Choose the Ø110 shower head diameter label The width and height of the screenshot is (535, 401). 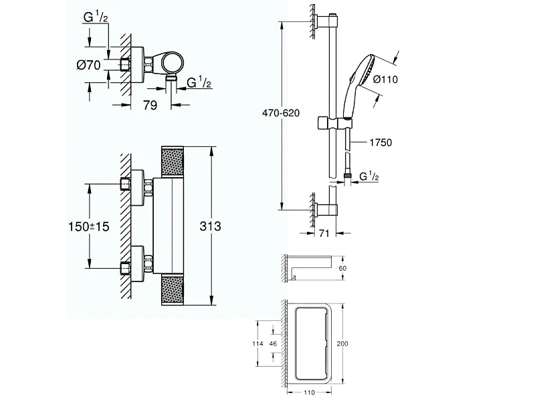[386, 79]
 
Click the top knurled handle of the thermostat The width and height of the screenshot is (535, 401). [173, 162]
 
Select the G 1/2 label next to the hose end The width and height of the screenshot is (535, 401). [370, 176]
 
